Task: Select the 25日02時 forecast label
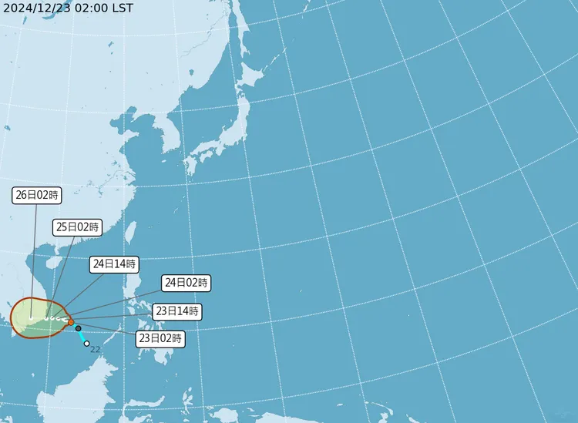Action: coord(77,227)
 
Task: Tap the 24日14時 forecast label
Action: coord(113,264)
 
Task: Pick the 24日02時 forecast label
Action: coord(186,283)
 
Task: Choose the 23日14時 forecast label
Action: coord(176,312)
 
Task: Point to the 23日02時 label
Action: coord(160,337)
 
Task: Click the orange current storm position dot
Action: coord(70,322)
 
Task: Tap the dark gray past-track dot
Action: coord(78,328)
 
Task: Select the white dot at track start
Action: coord(87,344)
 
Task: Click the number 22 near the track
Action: coord(96,350)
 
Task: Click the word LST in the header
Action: coord(122,8)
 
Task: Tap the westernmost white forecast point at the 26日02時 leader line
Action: coord(31,317)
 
